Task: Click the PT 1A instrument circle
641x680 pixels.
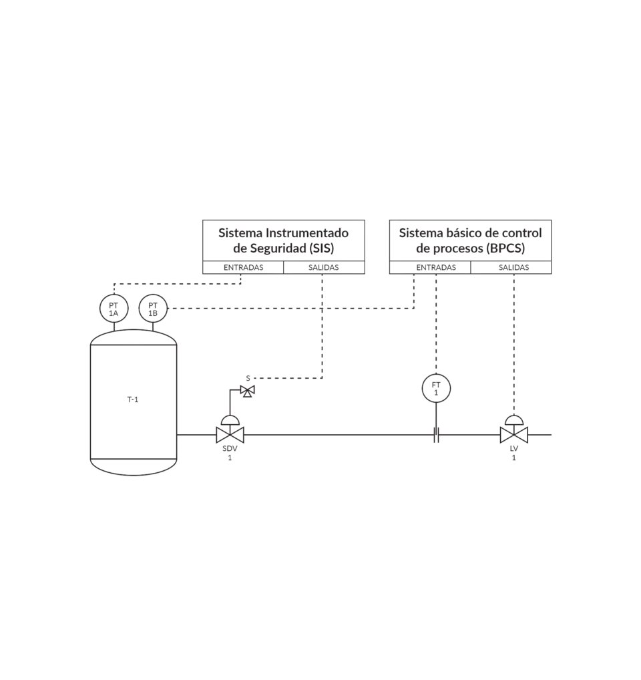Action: [114, 309]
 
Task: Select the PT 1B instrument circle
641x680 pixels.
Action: [153, 309]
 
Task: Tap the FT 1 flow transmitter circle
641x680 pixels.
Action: [436, 388]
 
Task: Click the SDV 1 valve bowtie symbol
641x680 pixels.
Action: [230, 435]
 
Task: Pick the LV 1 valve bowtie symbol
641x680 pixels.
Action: [513, 435]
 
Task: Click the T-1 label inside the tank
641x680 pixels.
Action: [133, 399]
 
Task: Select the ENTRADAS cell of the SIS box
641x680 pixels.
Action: [243, 267]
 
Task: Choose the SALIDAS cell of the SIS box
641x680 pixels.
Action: [324, 267]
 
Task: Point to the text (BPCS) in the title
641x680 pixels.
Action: [506, 248]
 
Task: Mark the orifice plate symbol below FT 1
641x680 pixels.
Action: [436, 435]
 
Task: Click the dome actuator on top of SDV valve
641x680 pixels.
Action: [230, 419]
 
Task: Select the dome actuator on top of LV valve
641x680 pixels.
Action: [513, 419]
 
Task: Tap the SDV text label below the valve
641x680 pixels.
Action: [230, 449]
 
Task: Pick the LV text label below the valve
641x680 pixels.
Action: [513, 449]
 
